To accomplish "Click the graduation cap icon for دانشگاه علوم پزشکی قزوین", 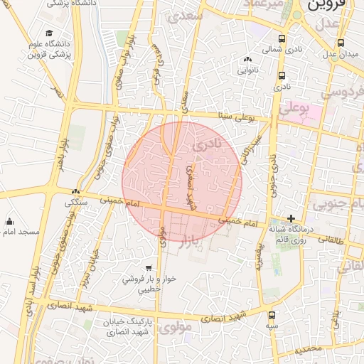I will point(49,33).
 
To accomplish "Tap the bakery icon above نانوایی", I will point(247,60).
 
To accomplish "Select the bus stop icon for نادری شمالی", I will point(282,39).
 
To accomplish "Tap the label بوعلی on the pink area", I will point(294,109).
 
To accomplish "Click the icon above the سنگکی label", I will point(76,191).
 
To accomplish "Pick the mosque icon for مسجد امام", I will point(10,221).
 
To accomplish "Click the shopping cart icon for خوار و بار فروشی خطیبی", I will point(148,268).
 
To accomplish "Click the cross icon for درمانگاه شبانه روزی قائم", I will point(291,218).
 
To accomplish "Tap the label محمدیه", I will point(309,349).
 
